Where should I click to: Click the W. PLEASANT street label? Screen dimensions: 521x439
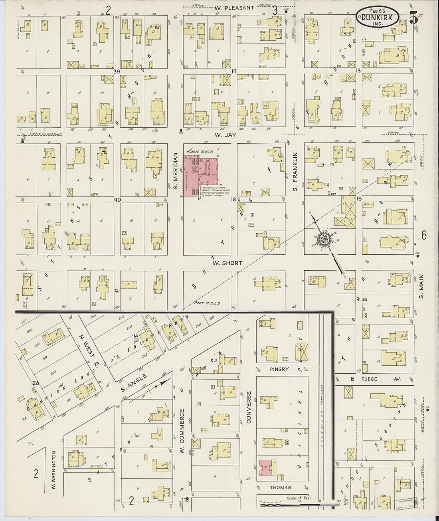(x=234, y=8)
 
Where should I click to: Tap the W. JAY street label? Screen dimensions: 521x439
(x=226, y=135)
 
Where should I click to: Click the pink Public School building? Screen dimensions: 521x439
(x=201, y=176)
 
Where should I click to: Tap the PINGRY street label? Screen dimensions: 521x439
(x=279, y=369)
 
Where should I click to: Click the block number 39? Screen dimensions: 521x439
(x=117, y=71)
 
